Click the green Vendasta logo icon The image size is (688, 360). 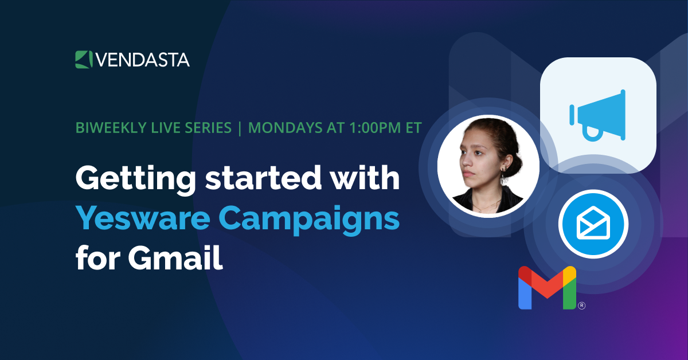coord(83,59)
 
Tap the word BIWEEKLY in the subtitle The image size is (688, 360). coord(107,127)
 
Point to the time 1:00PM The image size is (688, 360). coord(366,127)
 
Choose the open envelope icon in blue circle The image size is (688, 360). coord(593,223)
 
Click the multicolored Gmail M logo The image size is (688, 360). coord(547,288)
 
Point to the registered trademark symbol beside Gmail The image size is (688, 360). coord(581,306)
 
